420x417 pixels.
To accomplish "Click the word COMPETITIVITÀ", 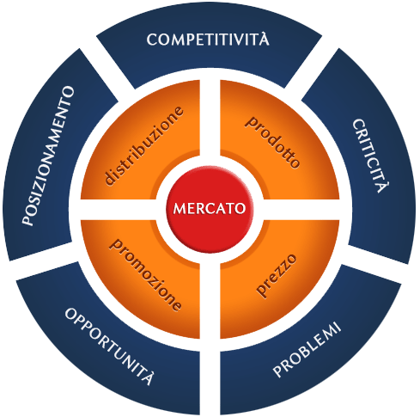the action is [x=208, y=39].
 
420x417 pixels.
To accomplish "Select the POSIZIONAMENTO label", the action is [x=48, y=156].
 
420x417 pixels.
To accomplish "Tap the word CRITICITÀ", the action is [x=370, y=156].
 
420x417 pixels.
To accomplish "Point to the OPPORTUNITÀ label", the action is [x=109, y=346].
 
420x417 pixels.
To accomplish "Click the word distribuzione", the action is [x=143, y=146].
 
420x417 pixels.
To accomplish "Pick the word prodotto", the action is [x=273, y=142].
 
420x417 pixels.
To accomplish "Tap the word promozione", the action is [x=145, y=274].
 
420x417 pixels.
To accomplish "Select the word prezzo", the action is [x=276, y=274].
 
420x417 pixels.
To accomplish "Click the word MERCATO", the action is [x=210, y=208].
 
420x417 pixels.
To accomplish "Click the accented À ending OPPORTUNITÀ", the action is [x=148, y=377].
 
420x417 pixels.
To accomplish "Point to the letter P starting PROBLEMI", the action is [x=278, y=371].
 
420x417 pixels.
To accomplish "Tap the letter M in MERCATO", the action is [x=180, y=208].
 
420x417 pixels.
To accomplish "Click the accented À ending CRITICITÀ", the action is [x=383, y=187].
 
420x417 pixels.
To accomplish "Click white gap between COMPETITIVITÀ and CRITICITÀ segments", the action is [x=312, y=68].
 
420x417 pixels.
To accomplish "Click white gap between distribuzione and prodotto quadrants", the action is [x=210, y=118].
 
